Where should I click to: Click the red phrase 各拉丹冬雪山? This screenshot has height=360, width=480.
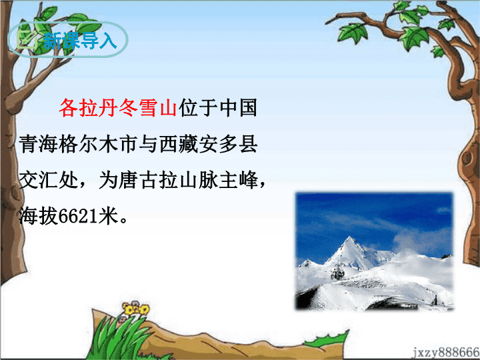pos(118,108)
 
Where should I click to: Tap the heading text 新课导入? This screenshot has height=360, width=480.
pos(80,41)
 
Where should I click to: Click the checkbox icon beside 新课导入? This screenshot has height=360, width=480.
pos(27,39)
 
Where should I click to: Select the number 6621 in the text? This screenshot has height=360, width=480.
pos(78,216)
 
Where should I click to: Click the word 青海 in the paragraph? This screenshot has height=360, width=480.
pos(39,144)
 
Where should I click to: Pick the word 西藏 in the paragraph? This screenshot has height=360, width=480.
pos(179,144)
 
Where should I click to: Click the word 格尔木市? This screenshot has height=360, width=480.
pos(99,144)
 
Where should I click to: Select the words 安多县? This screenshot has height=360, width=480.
pos(229,144)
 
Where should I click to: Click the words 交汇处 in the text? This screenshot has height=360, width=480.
pos(49,180)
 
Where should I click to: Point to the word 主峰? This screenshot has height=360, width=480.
pos(238,180)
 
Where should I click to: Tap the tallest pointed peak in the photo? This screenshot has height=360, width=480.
pos(349,239)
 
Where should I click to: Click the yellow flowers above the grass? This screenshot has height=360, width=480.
pos(135,309)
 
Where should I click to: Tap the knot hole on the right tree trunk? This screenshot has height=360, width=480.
pos(467,158)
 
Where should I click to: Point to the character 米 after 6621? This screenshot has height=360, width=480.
pos(108,216)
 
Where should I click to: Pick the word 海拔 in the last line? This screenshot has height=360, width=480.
pos(39,216)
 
